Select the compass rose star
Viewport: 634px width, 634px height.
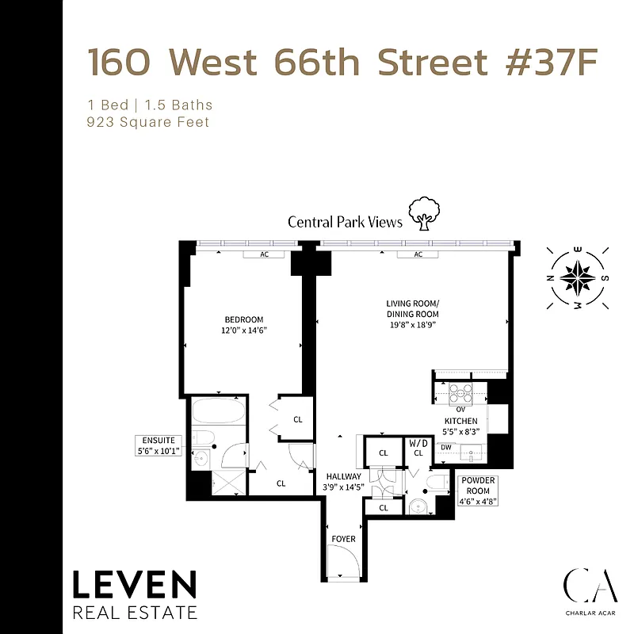[x=578, y=277]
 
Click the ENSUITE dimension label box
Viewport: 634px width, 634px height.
[x=159, y=445]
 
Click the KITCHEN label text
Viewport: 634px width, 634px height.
[x=460, y=421]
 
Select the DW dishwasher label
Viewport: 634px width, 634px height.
[x=445, y=447]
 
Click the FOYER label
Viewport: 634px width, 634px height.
[x=343, y=540]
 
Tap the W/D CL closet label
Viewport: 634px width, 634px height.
[x=418, y=448]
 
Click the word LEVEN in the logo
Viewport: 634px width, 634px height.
[x=135, y=586]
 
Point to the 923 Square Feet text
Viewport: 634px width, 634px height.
[x=148, y=122]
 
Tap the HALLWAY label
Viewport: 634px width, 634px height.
[x=343, y=476]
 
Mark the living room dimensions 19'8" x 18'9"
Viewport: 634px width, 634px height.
[x=411, y=325]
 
